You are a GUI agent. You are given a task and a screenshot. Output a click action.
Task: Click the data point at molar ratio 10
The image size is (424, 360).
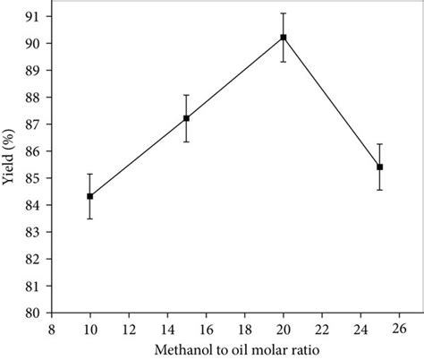pyautogui.click(x=90, y=196)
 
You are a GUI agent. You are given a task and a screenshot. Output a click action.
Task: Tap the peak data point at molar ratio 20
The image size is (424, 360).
pyautogui.click(x=284, y=38)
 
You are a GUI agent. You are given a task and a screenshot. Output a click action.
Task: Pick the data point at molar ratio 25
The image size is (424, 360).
pyautogui.click(x=380, y=167)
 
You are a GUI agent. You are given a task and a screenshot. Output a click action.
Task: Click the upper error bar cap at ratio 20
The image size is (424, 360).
pyautogui.click(x=284, y=13)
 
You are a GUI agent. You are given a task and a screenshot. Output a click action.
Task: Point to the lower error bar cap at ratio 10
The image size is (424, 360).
pyautogui.click(x=90, y=219)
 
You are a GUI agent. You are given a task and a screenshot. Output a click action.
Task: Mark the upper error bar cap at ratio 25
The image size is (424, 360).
pyautogui.click(x=380, y=144)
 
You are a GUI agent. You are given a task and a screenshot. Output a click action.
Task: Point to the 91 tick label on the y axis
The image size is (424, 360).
pyautogui.click(x=30, y=16)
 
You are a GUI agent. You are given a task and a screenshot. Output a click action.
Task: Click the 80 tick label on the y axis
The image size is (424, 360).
pyautogui.click(x=30, y=313)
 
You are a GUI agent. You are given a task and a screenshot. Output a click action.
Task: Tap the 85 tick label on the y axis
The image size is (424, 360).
pyautogui.click(x=30, y=178)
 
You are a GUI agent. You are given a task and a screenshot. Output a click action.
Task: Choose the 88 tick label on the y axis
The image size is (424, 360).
pyautogui.click(x=30, y=97)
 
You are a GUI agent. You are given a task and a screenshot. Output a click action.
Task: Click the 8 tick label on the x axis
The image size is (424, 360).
pyautogui.click(x=52, y=327)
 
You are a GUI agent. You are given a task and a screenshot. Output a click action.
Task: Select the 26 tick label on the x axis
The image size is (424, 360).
pyautogui.click(x=399, y=327)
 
